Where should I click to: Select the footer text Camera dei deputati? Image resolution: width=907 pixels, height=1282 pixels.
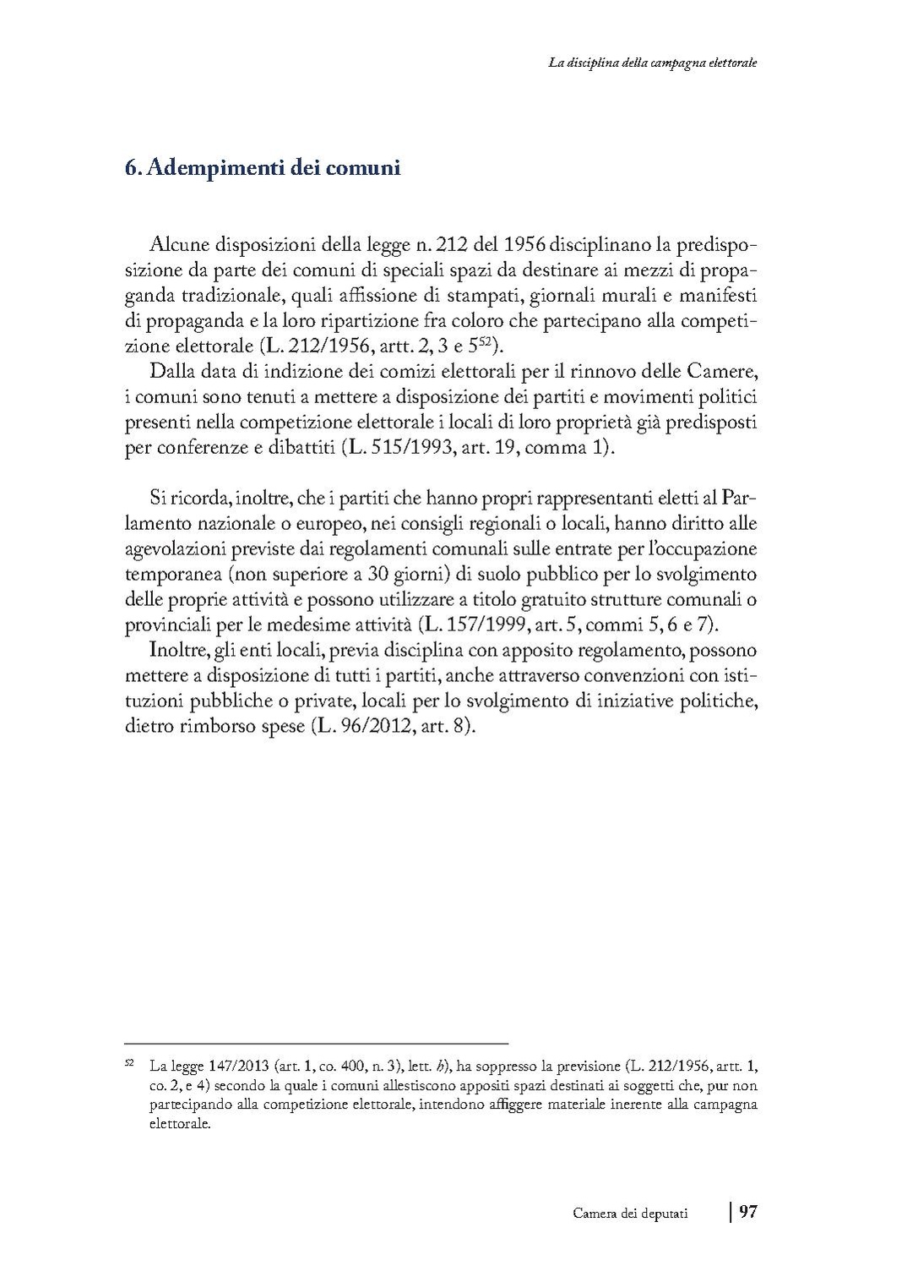(x=630, y=1214)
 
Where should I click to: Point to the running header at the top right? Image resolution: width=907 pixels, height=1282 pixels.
(x=651, y=63)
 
